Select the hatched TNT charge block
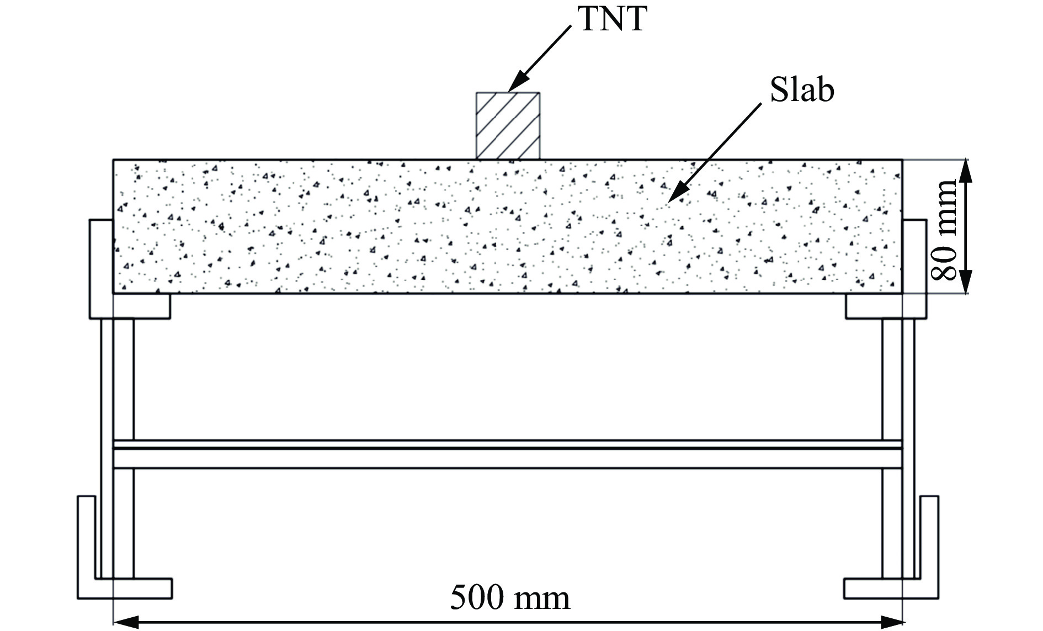coord(508,126)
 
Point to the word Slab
coord(801,90)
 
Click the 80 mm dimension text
coord(943,230)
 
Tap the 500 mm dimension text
coord(510,597)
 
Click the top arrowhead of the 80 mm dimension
coord(965,169)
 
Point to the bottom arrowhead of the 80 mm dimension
coord(965,284)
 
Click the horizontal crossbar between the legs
coord(508,454)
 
